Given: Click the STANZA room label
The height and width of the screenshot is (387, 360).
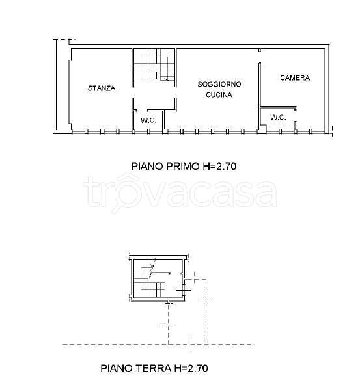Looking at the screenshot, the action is tap(102, 88).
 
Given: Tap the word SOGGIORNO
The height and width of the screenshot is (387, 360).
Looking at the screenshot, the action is tap(219, 84).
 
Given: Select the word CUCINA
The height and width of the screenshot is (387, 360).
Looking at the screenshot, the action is tap(219, 94).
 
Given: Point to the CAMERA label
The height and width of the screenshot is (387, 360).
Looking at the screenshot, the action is tap(295, 78).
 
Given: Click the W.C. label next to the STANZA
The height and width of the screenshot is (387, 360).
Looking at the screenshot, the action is tap(148, 120).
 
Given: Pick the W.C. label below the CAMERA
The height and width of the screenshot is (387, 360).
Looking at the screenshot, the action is tap(278, 117).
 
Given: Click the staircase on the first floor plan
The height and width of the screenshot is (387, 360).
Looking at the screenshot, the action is tap(154, 64).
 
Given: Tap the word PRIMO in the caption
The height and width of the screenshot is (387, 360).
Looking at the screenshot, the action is tap(183, 166).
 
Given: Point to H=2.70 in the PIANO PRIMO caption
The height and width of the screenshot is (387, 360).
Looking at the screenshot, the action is tap(219, 166).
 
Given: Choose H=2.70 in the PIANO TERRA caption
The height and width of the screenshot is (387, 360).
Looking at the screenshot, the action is tap(191, 369).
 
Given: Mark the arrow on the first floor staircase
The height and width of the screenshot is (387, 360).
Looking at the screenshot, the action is tap(167, 79).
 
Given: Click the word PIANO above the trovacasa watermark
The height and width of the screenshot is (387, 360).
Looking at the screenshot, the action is tap(147, 166).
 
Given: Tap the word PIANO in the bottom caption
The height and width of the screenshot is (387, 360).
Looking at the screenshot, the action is tap(117, 369).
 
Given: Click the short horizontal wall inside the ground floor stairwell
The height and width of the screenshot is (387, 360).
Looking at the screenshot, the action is tap(161, 273).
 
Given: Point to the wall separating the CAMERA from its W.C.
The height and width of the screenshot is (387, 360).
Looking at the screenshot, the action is tap(278, 107).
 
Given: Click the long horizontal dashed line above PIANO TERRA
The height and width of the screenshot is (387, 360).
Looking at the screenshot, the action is tap(158, 345).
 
